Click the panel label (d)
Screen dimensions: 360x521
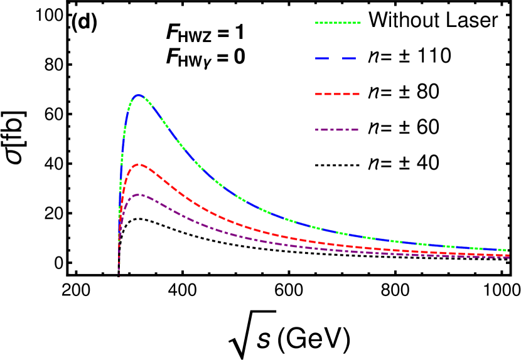click(x=84, y=22)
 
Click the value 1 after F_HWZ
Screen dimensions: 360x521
click(x=239, y=33)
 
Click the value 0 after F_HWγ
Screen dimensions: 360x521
click(x=239, y=57)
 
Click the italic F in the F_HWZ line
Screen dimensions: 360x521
click(x=173, y=33)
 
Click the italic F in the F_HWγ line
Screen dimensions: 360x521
click(x=173, y=57)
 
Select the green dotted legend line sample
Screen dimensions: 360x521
click(x=338, y=23)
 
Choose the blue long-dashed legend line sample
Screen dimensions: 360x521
click(x=336, y=58)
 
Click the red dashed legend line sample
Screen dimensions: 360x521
click(x=337, y=94)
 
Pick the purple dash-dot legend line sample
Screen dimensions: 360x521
click(x=337, y=130)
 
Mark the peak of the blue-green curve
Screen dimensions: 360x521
click(x=139, y=95)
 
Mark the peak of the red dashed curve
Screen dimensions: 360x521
click(x=139, y=164)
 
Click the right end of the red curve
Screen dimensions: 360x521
click(x=508, y=255)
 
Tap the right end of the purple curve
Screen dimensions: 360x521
click(x=508, y=258)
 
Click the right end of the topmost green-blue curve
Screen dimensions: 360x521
click(x=508, y=250)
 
